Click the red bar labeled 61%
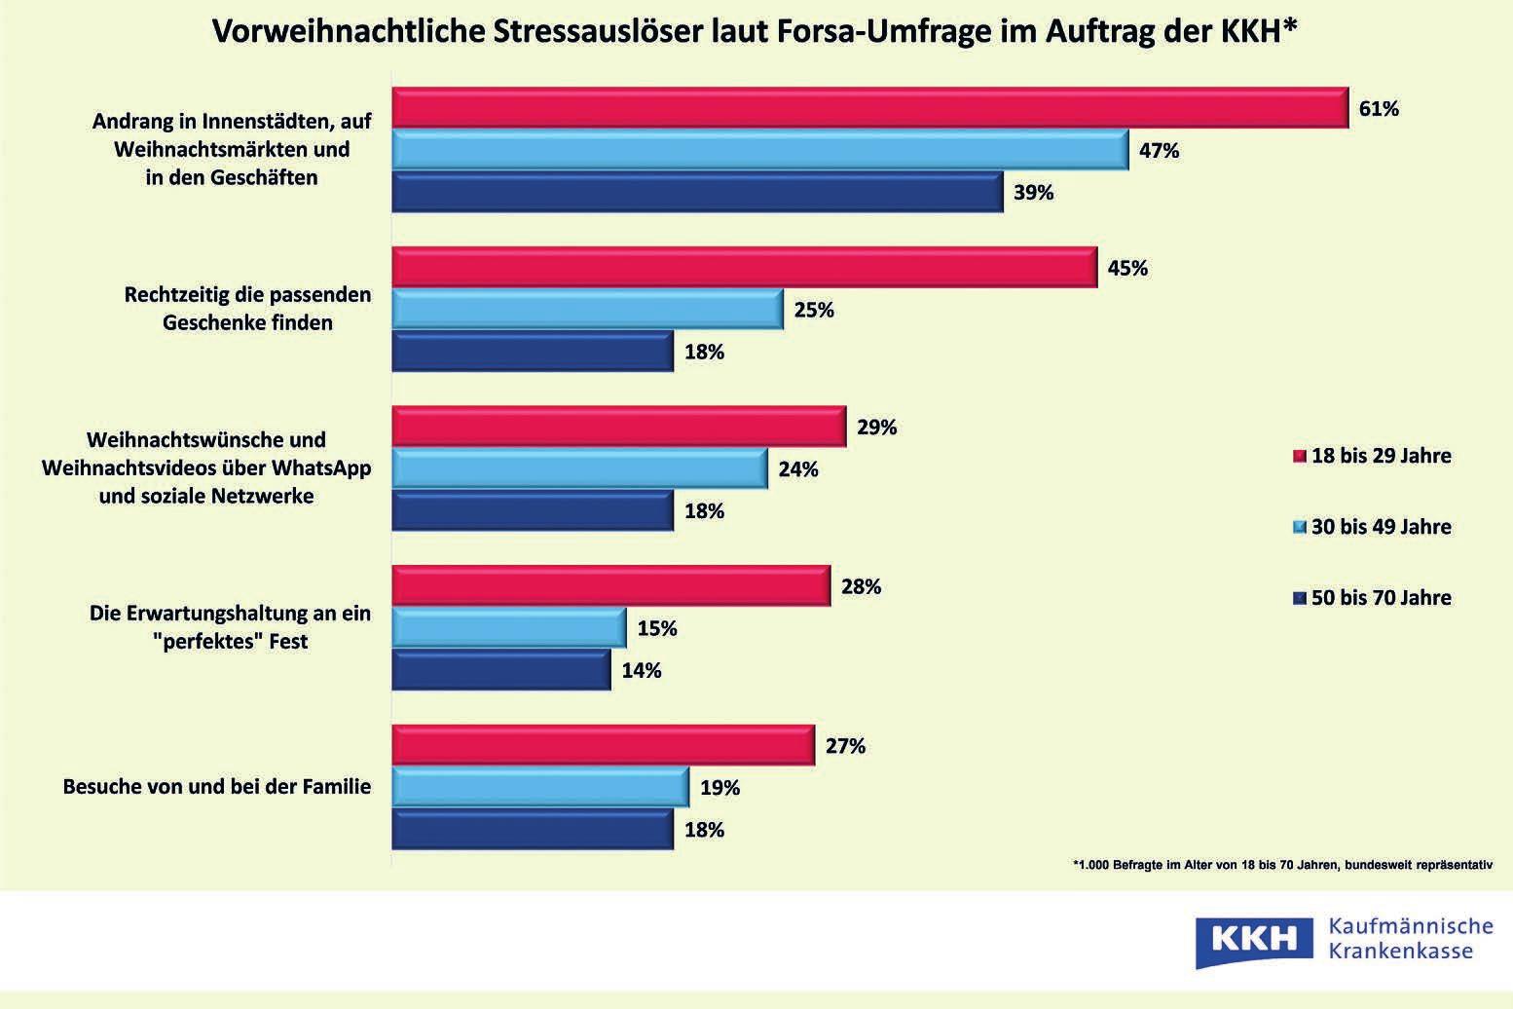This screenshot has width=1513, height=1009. coord(869,108)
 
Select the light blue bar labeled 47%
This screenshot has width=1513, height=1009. coord(759,150)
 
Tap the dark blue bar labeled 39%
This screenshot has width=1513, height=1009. coord(697,192)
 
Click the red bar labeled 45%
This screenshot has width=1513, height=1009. coord(744,268)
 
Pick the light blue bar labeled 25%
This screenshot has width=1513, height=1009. coord(587,310)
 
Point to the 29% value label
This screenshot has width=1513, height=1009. coord(876,428)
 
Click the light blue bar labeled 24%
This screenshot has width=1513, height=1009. coord(579,469)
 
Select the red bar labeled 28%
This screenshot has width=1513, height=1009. coord(610,586)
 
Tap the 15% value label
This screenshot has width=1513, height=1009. coord(657,629)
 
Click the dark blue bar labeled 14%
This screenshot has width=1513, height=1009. coord(501,671)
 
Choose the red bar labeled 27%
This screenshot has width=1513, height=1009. coord(603,746)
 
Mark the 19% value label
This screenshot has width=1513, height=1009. coord(720,788)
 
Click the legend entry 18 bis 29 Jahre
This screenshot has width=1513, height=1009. coord(1372,456)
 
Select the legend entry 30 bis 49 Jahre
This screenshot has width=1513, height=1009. coord(1372,527)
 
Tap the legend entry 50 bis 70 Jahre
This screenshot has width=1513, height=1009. coord(1372,598)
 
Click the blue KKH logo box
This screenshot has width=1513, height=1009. coord(1255,939)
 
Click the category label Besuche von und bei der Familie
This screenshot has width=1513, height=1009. coord(216,787)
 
